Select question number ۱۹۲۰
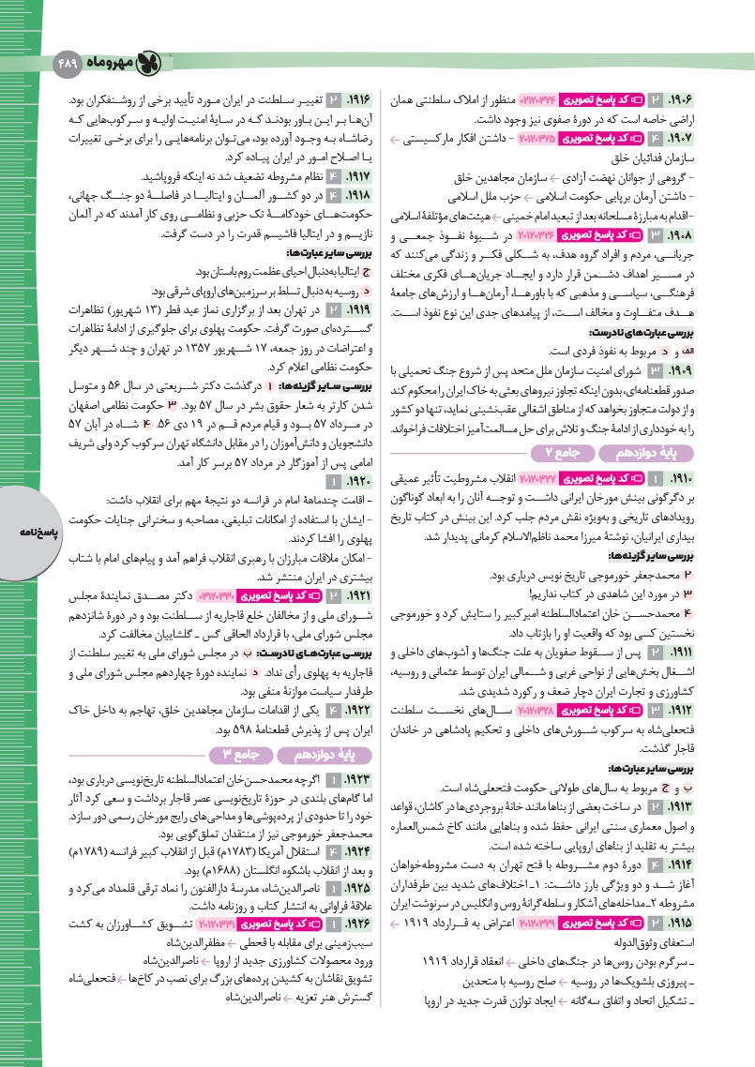tap(359, 481)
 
